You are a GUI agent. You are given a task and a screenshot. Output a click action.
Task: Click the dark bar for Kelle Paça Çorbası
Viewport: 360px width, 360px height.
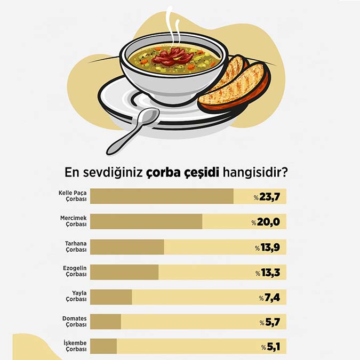pyautogui.click(x=162, y=196)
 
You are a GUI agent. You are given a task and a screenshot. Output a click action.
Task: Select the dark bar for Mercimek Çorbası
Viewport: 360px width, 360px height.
pyautogui.click(x=146, y=221)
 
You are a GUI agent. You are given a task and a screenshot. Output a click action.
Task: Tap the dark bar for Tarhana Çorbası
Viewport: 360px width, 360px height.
pyautogui.click(x=127, y=247)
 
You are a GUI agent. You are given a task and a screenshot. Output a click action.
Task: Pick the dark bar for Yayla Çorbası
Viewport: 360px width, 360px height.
pyautogui.click(x=111, y=297)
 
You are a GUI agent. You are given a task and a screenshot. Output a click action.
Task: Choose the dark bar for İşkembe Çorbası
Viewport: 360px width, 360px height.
pyautogui.click(x=103, y=347)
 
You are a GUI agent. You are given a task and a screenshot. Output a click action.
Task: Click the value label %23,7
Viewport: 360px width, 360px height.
pyautogui.click(x=267, y=197)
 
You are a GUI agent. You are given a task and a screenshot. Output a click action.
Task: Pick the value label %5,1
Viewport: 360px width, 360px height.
pyautogui.click(x=270, y=347)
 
